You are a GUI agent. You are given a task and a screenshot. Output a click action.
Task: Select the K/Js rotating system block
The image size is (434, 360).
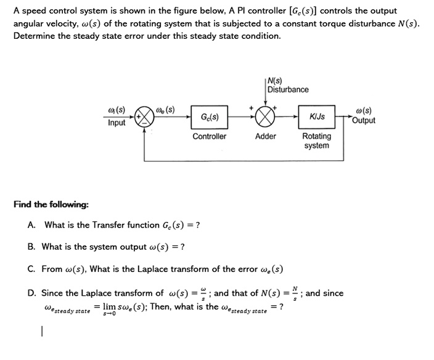click(x=317, y=116)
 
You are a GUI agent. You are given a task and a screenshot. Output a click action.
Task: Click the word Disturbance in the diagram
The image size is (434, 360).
click(x=288, y=90)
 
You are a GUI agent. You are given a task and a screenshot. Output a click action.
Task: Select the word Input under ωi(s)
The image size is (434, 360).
click(x=117, y=123)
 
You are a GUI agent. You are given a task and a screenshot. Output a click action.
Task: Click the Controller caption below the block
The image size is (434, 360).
click(x=209, y=136)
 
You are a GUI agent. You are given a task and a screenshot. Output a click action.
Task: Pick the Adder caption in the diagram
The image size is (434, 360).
click(x=266, y=136)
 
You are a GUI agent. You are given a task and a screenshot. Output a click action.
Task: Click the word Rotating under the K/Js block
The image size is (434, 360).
click(x=316, y=136)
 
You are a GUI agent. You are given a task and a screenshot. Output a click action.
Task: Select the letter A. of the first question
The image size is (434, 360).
click(x=32, y=225)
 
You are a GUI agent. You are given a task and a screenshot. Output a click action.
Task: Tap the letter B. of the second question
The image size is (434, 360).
click(x=32, y=247)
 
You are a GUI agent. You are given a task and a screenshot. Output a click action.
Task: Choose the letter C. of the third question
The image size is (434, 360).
click(x=32, y=269)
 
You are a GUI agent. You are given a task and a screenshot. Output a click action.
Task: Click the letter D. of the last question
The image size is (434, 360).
click(x=32, y=293)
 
